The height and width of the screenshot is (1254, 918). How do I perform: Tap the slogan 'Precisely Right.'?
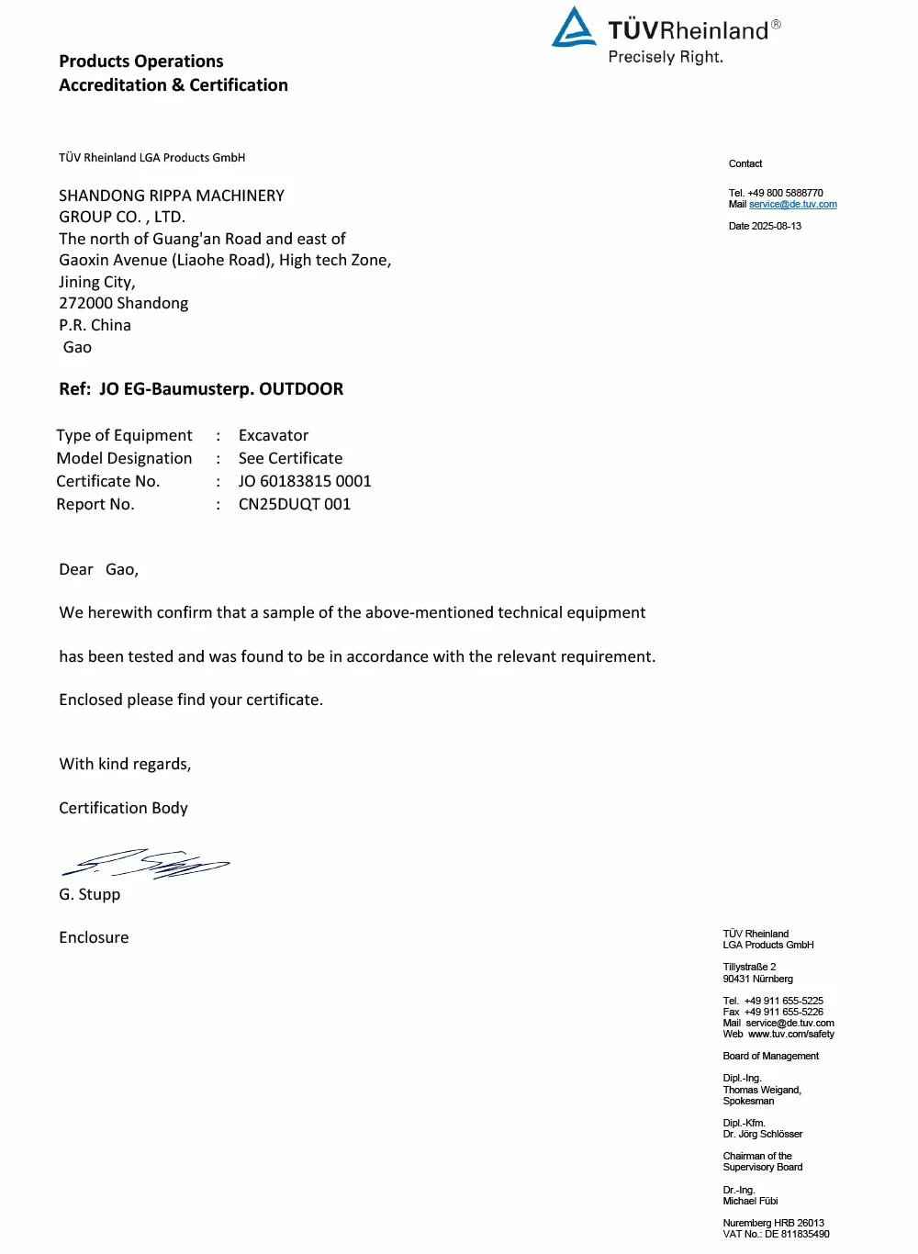pyautogui.click(x=666, y=57)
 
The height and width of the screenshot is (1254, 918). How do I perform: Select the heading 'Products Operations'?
pyautogui.click(x=141, y=62)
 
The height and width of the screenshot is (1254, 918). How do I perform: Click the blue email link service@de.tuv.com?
pyautogui.click(x=793, y=205)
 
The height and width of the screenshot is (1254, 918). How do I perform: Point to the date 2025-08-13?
pyautogui.click(x=777, y=226)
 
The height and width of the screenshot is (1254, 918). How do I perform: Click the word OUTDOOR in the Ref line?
pyautogui.click(x=301, y=389)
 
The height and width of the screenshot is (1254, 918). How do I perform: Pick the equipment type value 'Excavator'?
pyautogui.click(x=274, y=435)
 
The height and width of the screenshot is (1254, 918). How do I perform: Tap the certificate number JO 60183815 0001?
pyautogui.click(x=305, y=481)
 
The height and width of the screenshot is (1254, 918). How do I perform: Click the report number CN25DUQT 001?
pyautogui.click(x=295, y=504)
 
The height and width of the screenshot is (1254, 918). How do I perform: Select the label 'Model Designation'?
pyautogui.click(x=124, y=458)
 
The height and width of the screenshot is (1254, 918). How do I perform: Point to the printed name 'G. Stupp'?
pyautogui.click(x=90, y=894)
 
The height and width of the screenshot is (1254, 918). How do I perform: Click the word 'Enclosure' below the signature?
pyautogui.click(x=94, y=937)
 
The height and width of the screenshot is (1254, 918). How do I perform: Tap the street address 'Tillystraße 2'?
pyautogui.click(x=749, y=968)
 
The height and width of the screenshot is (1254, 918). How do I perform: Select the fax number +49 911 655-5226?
pyautogui.click(x=784, y=1012)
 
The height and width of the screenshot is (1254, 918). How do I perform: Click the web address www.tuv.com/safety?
pyautogui.click(x=791, y=1034)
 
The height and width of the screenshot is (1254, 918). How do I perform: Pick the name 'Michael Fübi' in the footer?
pyautogui.click(x=750, y=1201)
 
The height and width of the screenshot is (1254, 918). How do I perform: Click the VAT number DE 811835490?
pyautogui.click(x=797, y=1234)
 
